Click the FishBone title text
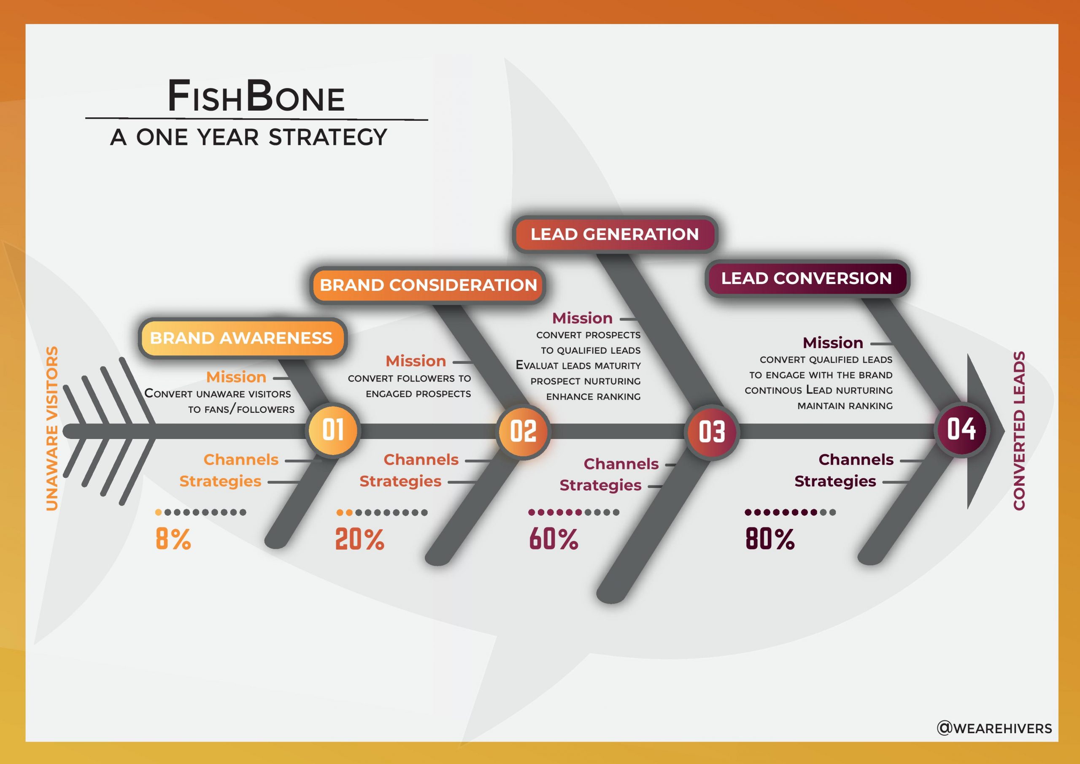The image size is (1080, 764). [x=256, y=96]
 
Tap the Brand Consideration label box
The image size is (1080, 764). [x=428, y=285]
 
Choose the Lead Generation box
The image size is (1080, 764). [x=615, y=234]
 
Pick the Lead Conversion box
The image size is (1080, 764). [x=807, y=278]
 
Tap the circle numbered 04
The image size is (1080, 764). [x=961, y=429]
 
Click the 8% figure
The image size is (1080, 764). [x=173, y=539]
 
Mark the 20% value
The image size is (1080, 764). [x=359, y=539]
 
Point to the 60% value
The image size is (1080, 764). [x=553, y=539]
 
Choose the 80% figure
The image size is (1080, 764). [x=770, y=539]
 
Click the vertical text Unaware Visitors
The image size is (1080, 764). [x=52, y=428]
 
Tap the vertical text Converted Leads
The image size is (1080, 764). [x=1019, y=430]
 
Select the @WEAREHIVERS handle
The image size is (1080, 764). [x=994, y=728]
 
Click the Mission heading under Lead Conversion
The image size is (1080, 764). [x=833, y=343]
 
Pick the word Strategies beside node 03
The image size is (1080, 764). [x=600, y=485]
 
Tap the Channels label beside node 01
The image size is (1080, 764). [x=241, y=459]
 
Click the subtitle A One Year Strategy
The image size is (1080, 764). [x=248, y=137]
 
